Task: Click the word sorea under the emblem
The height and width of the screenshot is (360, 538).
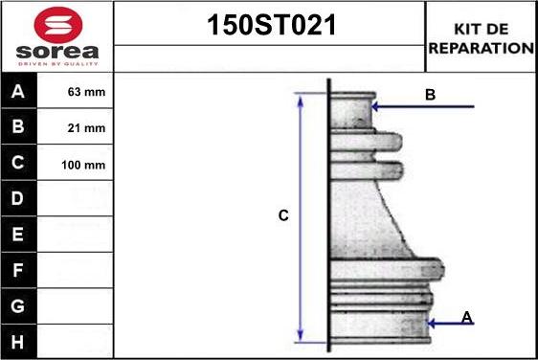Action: coord(57,52)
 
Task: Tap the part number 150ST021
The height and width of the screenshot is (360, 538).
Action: coord(271,25)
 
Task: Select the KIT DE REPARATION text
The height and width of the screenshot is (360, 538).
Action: coord(482,38)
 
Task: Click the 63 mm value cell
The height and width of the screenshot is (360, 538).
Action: coord(86,92)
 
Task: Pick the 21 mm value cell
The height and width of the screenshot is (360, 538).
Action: coord(86,128)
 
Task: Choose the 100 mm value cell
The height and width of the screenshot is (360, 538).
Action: coord(83,165)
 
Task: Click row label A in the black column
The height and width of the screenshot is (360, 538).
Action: coord(18,91)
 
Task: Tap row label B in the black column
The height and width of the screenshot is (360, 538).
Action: coord(18,126)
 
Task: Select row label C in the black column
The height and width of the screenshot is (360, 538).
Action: coord(18,163)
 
